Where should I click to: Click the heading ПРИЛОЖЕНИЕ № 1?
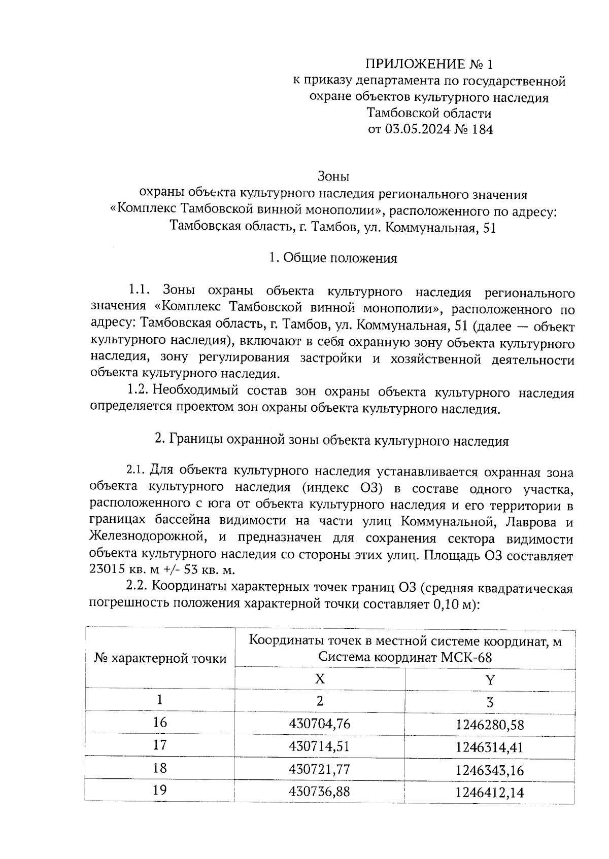point(429,64)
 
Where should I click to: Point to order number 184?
point(482,129)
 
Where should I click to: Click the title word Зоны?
point(333,177)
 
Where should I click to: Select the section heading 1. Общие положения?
point(333,258)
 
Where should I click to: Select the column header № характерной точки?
point(160,659)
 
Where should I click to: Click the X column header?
point(320,678)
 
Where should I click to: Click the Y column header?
point(490,679)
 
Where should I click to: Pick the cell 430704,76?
point(319,724)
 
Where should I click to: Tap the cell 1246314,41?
point(489,747)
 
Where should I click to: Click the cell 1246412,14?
point(489,793)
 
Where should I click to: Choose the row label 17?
point(160,745)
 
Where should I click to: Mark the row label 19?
point(160,791)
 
